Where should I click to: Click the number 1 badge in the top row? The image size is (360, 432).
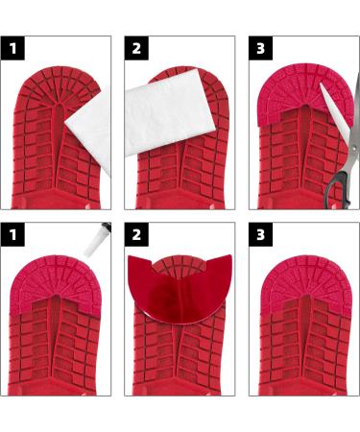(12, 48)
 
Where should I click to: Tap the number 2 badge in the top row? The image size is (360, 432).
(136, 48)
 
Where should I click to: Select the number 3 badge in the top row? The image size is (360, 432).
(260, 48)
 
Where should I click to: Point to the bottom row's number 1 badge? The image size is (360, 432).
(12, 234)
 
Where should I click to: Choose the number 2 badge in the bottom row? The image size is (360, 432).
(136, 234)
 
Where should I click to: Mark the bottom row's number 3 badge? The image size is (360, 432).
(260, 234)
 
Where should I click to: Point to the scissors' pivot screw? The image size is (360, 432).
(354, 148)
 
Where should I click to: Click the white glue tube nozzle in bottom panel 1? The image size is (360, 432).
(97, 239)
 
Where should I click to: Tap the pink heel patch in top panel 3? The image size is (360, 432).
(305, 93)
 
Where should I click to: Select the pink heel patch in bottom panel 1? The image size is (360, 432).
(56, 281)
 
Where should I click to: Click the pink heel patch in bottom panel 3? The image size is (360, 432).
(306, 281)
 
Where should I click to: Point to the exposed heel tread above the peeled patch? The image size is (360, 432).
(180, 265)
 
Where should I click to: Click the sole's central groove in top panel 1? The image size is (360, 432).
(59, 141)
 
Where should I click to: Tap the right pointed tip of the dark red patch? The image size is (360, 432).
(230, 255)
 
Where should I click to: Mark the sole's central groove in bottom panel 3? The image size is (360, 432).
(306, 333)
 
